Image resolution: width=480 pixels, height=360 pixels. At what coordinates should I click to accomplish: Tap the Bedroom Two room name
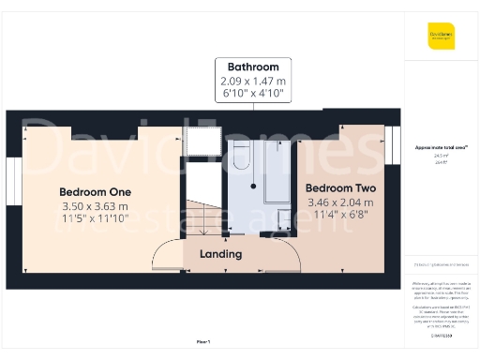(x=341, y=188)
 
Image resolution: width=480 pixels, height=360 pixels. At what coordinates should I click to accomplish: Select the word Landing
(x=221, y=254)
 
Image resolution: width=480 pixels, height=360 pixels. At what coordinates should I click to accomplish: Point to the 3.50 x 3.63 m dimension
(x=94, y=205)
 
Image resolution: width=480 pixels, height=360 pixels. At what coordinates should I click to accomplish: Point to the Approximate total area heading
(x=442, y=147)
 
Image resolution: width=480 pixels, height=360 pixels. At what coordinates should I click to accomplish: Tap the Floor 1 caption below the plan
(x=202, y=344)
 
